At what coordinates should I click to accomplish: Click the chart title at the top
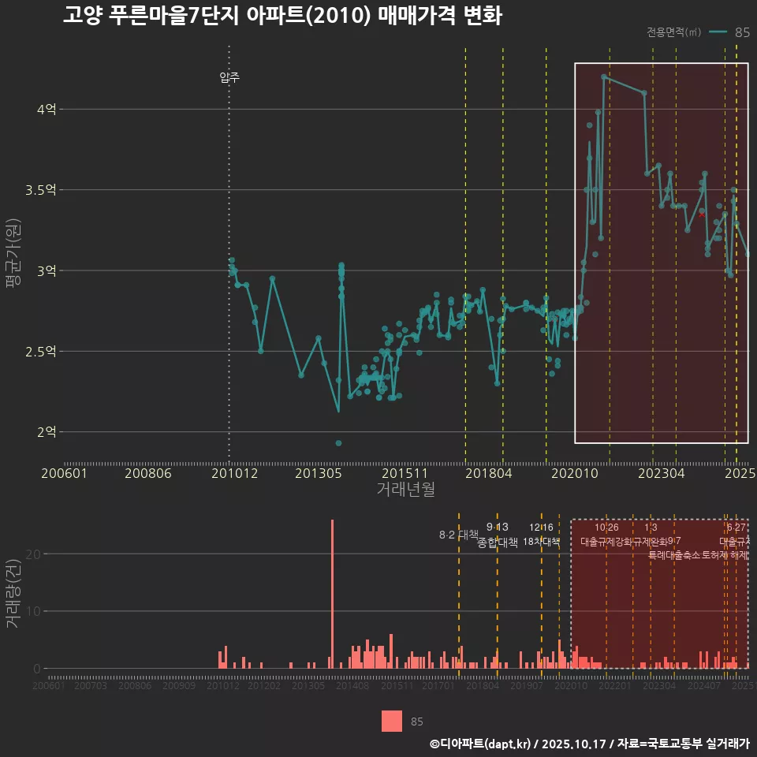pos(282,16)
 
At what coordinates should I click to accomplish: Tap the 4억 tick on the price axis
pos(47,110)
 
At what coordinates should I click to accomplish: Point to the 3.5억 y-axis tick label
pos(41,190)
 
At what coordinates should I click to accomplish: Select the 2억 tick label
pos(47,432)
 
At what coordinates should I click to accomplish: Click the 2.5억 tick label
pos(41,352)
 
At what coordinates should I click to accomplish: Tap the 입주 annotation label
pos(229,77)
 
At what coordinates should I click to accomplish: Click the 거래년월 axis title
pos(405,490)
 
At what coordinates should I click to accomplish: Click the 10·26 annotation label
pos(606,528)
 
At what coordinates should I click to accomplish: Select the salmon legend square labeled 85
pos(391,721)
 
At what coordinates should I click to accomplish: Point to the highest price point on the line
pos(603,76)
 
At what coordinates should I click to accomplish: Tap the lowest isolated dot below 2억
pos(338,443)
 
